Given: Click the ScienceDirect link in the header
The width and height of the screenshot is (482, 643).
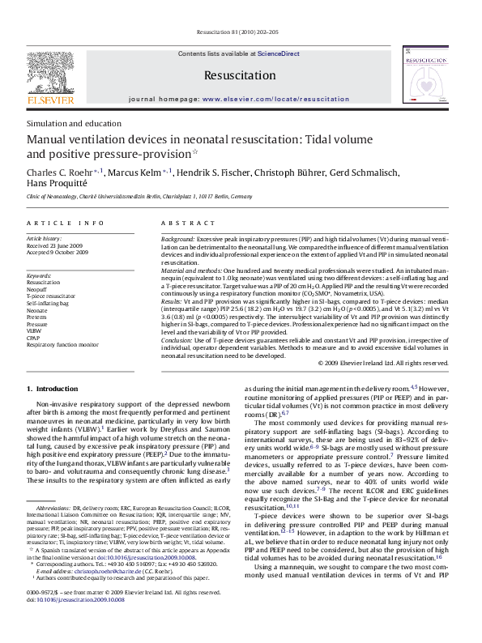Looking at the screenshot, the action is pyautogui.click(x=279, y=53).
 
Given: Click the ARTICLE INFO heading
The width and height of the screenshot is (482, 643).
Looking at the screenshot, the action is pyautogui.click(x=65, y=222).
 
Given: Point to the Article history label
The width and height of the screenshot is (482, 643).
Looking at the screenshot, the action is pyautogui.click(x=44, y=239).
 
